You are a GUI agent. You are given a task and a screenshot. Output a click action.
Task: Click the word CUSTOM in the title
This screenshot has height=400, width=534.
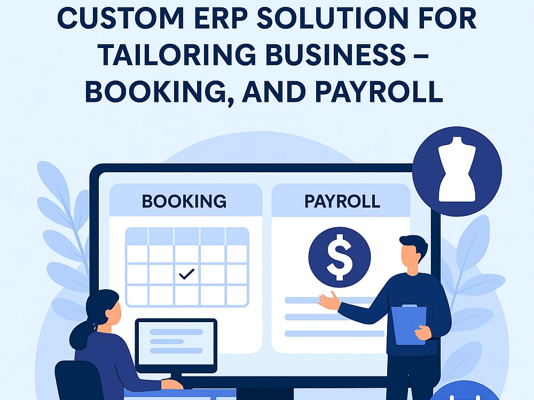(x=121, y=18)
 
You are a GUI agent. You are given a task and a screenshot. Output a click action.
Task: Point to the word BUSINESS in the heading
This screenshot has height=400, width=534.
(x=335, y=55)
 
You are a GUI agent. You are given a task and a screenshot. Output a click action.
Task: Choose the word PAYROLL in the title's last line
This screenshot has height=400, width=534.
(x=379, y=92)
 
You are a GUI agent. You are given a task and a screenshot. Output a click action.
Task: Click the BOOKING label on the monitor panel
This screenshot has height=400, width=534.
(x=184, y=201)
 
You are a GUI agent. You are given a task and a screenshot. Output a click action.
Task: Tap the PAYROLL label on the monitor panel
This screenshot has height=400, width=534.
(x=342, y=201)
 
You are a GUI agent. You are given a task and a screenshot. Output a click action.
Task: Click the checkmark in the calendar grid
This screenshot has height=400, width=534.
(x=186, y=274)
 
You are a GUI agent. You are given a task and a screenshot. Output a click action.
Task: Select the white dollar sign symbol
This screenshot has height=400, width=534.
(x=340, y=258)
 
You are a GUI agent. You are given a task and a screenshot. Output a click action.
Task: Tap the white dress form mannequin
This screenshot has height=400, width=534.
(x=457, y=170)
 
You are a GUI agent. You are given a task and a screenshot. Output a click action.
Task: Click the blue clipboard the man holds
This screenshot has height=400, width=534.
(x=409, y=325)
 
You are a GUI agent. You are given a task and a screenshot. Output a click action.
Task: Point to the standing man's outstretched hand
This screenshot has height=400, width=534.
(x=328, y=301)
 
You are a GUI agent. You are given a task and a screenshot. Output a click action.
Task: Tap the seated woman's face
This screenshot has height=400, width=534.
(x=115, y=312)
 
